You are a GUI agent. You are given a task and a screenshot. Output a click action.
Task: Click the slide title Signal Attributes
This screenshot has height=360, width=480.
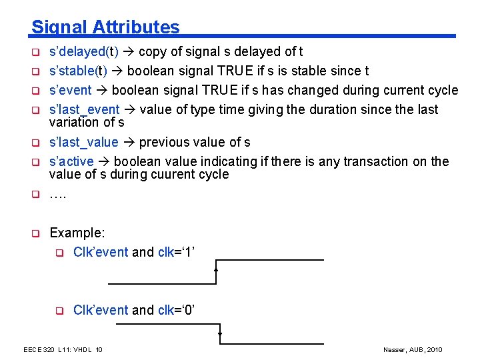[105, 27]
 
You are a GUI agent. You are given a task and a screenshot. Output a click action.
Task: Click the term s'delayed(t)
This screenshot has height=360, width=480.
[83, 52]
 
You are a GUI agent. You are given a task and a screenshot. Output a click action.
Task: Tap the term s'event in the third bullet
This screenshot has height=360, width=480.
[71, 90]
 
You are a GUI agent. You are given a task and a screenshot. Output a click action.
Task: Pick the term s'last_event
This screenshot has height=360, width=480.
[84, 109]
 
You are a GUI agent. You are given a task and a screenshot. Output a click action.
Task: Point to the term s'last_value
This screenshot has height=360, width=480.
[83, 142]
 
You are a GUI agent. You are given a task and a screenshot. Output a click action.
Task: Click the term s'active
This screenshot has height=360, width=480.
[70, 161]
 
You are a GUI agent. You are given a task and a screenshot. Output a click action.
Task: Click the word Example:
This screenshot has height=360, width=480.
[77, 233]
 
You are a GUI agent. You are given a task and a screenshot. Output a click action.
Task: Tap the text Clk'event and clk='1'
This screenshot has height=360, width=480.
[133, 252]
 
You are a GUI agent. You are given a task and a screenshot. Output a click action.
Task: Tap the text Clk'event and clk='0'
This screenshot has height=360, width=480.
[133, 310]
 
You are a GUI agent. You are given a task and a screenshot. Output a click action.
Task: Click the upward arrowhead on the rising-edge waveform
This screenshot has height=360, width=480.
[217, 269]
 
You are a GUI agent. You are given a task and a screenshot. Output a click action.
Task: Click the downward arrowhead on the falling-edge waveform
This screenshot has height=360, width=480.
[219, 335]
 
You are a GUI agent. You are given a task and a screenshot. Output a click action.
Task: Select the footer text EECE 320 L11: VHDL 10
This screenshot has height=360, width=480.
[63, 350]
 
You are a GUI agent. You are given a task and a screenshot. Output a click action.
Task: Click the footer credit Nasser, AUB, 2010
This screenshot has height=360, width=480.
[413, 350]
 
